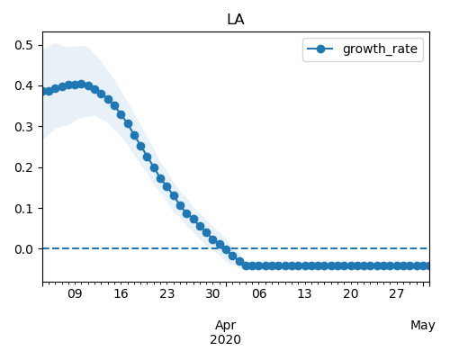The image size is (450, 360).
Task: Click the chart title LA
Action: point(236,20)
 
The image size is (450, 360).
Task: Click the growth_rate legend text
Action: point(380,49)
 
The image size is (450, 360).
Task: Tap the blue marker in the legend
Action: point(320,49)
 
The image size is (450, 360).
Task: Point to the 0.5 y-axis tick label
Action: point(23,45)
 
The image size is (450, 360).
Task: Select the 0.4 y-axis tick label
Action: point(23,86)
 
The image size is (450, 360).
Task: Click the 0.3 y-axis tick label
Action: point(23,127)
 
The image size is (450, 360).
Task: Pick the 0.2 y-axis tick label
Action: point(23,167)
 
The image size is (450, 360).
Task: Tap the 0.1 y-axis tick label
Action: point(23,208)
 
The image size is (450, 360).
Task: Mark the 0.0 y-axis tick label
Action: point(23,249)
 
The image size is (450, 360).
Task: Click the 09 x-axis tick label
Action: point(75,293)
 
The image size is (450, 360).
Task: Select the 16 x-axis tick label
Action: point(121,293)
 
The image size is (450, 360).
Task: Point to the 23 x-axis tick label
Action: point(166,293)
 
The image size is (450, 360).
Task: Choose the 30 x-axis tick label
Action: point(212,293)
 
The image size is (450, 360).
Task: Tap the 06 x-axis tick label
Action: point(259,293)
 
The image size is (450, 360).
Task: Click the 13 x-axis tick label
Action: point(304,293)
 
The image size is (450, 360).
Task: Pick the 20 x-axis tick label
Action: point(350,293)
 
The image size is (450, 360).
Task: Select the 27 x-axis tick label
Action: point(397,293)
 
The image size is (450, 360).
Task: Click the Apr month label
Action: point(226,326)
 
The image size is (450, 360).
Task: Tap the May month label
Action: point(423,326)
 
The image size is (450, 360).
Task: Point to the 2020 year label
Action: point(225,339)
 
